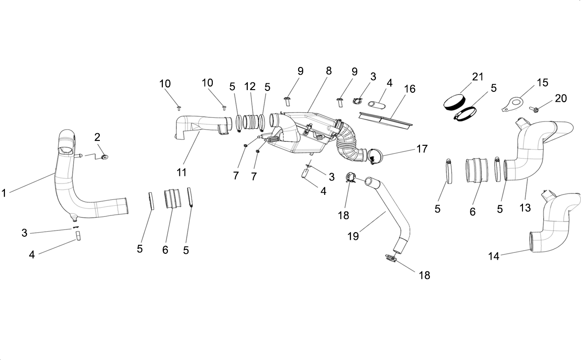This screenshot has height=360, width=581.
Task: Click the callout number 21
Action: pos(478,77)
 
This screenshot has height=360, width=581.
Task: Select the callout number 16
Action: pos(410,89)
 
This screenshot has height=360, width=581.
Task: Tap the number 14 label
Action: pos(494,256)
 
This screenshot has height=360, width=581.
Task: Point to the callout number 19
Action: pos(353,236)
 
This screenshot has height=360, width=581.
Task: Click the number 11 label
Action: pos(182,172)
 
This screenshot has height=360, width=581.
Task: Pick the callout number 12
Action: pos(250,86)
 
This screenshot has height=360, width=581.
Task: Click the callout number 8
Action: pos(329,71)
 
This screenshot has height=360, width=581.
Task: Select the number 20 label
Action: pos(561,99)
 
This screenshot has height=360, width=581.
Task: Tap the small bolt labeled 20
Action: pos(534,109)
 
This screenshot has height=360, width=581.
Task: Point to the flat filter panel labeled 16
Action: pos(385,119)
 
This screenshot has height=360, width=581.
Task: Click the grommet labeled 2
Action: pos(104,157)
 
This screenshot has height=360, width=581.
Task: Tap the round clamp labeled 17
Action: pos(375,156)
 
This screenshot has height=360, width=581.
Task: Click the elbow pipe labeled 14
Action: pos(558,226)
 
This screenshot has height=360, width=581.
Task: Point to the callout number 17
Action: pos(422,149)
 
